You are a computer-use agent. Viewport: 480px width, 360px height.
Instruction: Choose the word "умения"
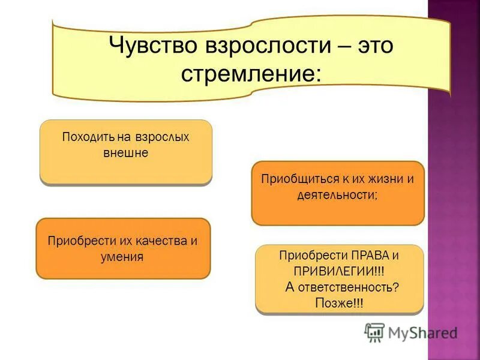pos(122,257)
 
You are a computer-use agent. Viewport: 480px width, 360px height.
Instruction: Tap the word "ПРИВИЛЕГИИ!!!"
pos(338,271)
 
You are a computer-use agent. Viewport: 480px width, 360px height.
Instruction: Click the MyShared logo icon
pos(374,332)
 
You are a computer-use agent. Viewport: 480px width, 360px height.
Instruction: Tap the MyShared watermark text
pos(422,332)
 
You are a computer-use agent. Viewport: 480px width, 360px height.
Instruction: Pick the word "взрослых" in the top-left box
pos(164,137)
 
